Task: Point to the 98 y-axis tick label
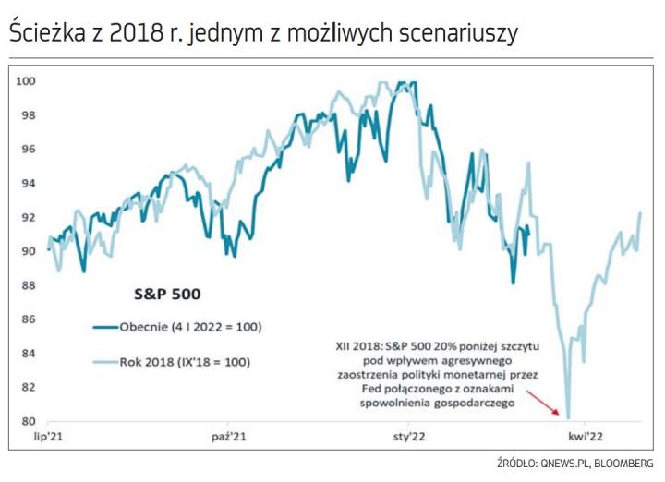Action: point(28,115)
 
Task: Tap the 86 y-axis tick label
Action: point(28,319)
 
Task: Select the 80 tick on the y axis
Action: point(28,421)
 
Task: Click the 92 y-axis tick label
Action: point(28,217)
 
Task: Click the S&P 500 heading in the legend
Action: point(163,295)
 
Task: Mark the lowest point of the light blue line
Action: point(567,417)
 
